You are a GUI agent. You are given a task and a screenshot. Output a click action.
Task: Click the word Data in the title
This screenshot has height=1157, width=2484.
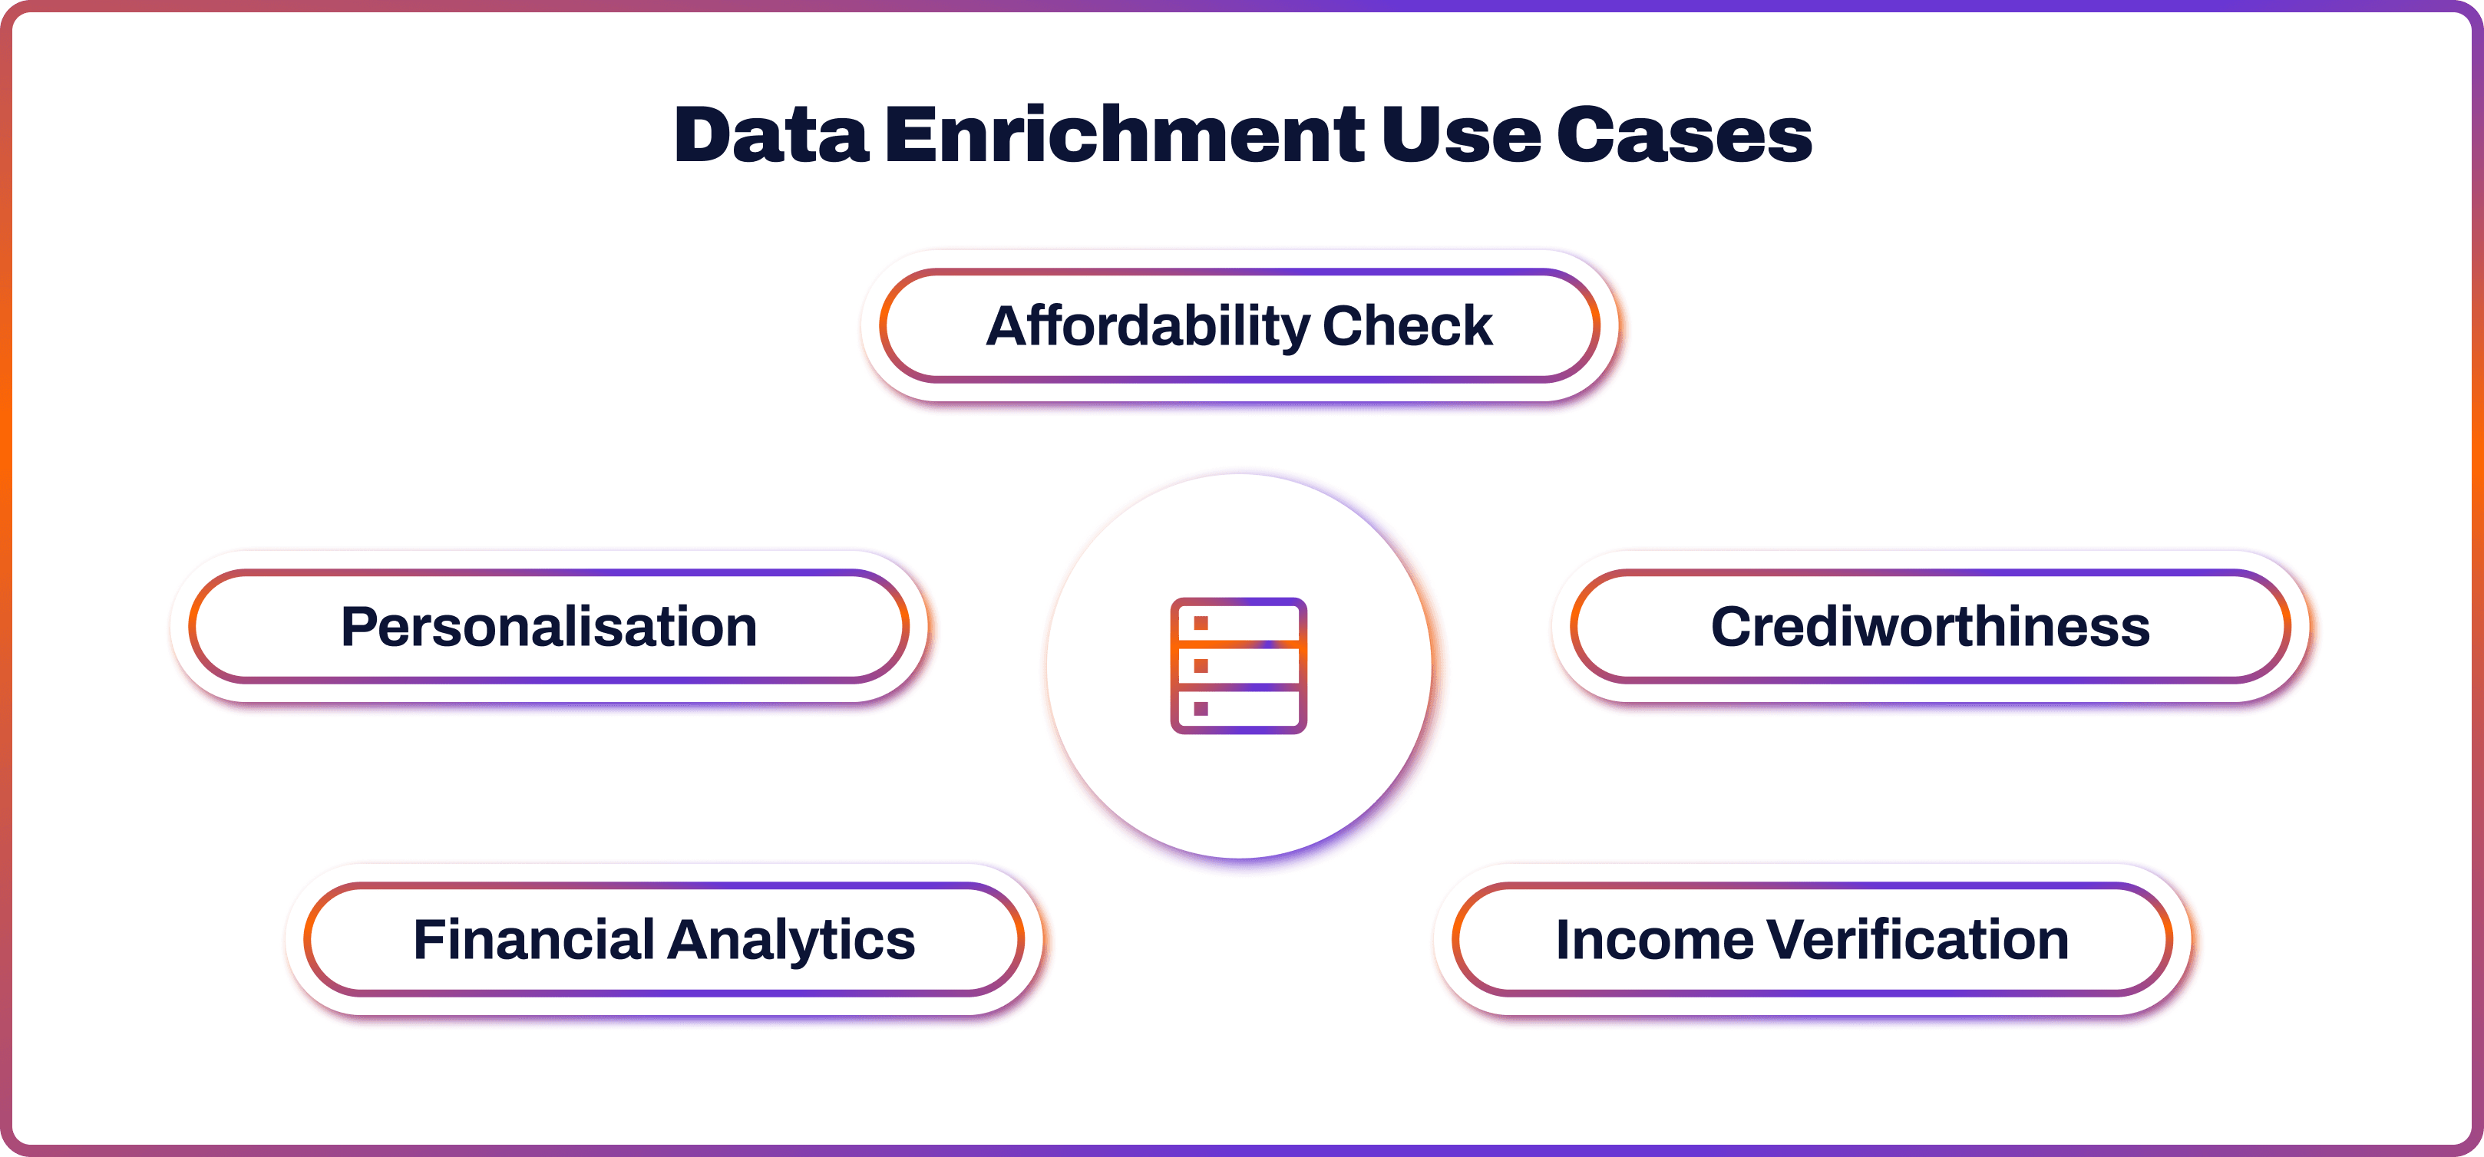click(771, 134)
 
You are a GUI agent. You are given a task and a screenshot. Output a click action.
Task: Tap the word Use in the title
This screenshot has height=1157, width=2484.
click(1461, 134)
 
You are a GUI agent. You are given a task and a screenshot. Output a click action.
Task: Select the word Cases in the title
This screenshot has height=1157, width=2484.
click(1685, 134)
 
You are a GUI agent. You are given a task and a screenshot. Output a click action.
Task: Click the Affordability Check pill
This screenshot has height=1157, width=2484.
click(1239, 326)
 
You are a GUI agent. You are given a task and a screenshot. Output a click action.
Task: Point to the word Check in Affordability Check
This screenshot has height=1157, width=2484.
click(1407, 326)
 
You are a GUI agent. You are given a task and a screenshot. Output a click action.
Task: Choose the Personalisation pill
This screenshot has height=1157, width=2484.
click(549, 627)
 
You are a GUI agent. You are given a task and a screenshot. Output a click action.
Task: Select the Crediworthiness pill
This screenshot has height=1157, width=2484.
click(1931, 627)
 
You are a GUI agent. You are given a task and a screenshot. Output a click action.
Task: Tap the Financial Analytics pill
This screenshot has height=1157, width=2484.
click(663, 939)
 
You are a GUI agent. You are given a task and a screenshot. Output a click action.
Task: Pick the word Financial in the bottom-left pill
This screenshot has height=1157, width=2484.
click(533, 938)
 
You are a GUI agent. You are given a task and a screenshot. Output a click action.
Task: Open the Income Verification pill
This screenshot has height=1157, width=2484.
click(1812, 939)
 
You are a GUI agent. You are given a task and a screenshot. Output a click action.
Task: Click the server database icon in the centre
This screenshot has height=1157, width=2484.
click(1239, 666)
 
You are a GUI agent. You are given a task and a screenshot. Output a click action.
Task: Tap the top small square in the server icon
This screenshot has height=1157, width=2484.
click(1201, 623)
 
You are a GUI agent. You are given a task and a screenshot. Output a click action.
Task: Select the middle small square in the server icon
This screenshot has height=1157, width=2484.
click(1201, 666)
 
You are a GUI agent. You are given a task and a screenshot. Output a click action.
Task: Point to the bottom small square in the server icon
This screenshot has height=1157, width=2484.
click(1201, 709)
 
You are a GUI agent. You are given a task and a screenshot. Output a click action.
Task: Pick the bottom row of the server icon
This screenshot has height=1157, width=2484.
click(1239, 710)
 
